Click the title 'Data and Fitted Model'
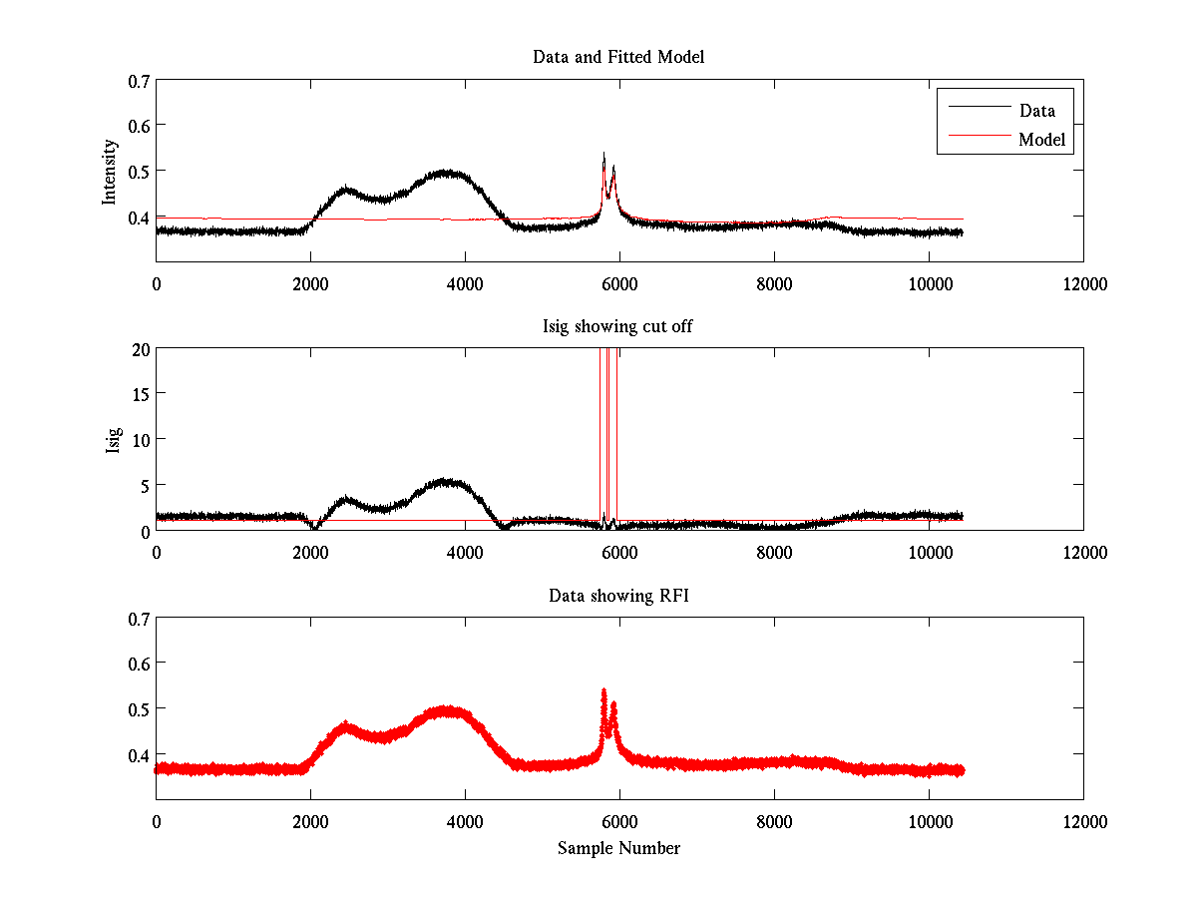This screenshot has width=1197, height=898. (x=618, y=57)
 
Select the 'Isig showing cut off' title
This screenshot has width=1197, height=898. (x=618, y=327)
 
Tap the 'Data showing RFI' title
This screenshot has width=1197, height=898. (x=618, y=596)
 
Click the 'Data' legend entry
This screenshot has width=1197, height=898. (x=1036, y=111)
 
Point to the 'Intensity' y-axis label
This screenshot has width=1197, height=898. (x=111, y=172)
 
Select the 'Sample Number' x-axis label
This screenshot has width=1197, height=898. (x=618, y=848)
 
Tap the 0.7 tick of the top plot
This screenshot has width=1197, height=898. (x=139, y=80)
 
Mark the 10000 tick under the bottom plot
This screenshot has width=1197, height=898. (x=929, y=822)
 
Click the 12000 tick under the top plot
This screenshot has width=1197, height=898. (x=1083, y=284)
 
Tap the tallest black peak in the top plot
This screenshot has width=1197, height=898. (x=603, y=155)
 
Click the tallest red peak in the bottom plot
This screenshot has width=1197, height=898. (x=603, y=690)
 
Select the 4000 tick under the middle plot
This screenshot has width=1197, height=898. (x=465, y=553)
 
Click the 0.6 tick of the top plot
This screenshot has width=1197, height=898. (x=139, y=126)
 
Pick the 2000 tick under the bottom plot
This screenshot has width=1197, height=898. (x=310, y=822)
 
